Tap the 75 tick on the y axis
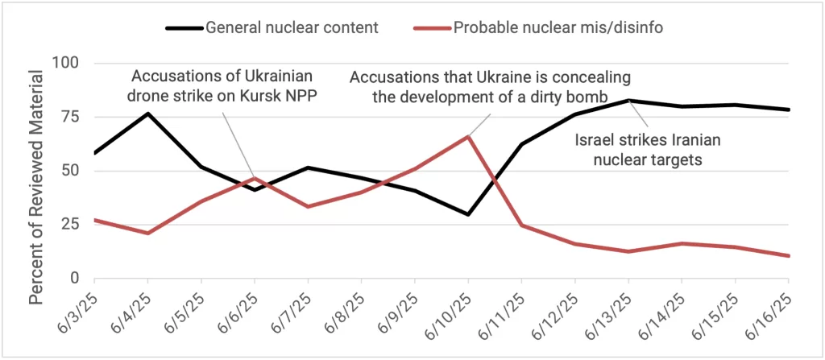click(x=70, y=117)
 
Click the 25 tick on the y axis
click(x=70, y=225)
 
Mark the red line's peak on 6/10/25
click(x=468, y=136)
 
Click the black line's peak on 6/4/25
click(x=147, y=114)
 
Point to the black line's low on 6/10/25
click(x=468, y=214)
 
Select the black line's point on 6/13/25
click(x=628, y=100)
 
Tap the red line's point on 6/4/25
click(x=147, y=234)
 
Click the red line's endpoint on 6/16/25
click(x=788, y=256)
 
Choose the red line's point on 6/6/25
click(x=255, y=178)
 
